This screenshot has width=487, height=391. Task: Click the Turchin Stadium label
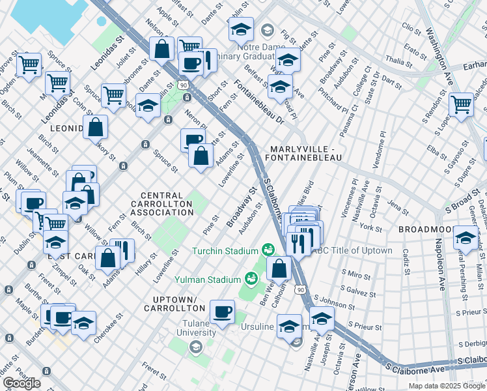[225, 251]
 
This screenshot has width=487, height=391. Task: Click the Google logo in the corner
[22, 383]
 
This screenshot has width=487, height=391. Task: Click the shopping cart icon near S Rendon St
[461, 104]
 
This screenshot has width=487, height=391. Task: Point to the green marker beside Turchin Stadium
[267, 250]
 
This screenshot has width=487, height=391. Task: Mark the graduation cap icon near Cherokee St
[83, 324]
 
